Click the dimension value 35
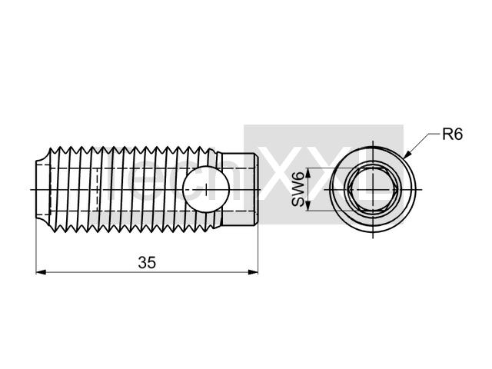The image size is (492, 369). click(x=147, y=263)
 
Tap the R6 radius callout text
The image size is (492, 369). click(x=452, y=135)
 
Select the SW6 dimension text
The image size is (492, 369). click(x=298, y=189)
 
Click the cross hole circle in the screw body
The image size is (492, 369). click(x=206, y=189)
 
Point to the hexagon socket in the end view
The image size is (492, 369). click(x=373, y=189)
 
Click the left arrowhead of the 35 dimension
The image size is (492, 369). click(x=41, y=272)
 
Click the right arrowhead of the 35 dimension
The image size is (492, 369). click(x=253, y=272)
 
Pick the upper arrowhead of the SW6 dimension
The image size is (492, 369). click(x=307, y=173)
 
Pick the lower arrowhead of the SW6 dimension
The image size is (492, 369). click(x=307, y=206)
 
